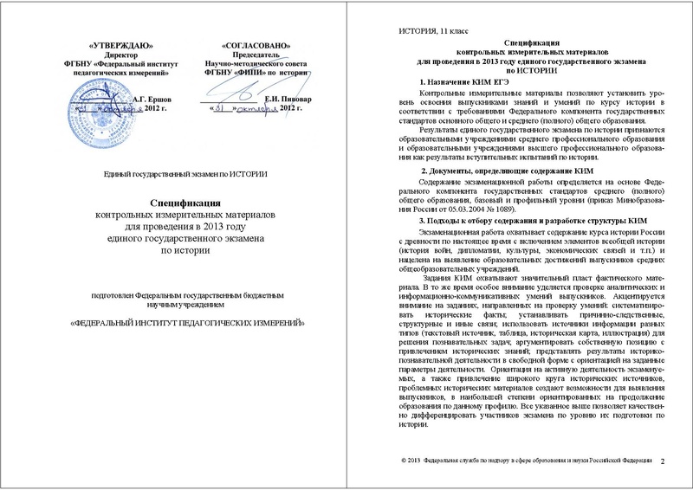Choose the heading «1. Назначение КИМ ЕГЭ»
(x=456, y=81)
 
